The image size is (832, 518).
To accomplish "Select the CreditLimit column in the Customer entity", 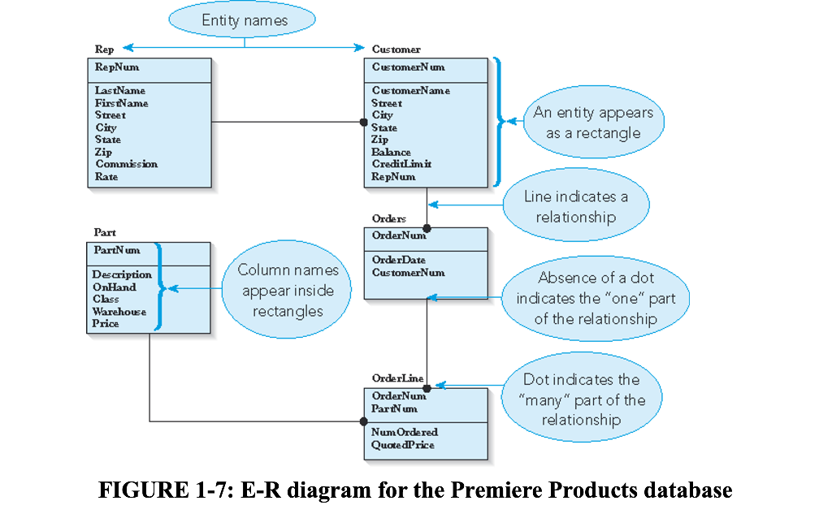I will (401, 164).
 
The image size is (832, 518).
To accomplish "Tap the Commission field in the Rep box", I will (126, 164).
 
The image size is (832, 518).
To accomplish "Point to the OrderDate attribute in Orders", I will (398, 260).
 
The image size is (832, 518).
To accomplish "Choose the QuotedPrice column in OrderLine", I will (402, 445).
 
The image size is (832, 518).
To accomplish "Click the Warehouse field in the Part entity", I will (119, 312).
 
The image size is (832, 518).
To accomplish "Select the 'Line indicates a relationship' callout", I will (575, 206).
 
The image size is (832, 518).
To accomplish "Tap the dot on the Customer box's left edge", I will (364, 123).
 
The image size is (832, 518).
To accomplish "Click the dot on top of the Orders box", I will (427, 228).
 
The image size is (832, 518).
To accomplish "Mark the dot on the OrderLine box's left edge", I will (364, 421).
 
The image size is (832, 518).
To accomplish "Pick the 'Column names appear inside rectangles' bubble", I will (287, 290).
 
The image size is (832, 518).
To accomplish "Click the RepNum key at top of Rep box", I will (116, 67).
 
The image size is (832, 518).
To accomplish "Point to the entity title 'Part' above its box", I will (105, 232).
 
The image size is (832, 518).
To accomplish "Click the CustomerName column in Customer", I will (410, 91).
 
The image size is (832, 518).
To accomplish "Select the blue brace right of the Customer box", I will (498, 123).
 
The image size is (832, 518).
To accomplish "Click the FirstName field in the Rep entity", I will (121, 103).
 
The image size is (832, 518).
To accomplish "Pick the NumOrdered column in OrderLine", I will (405, 433).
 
